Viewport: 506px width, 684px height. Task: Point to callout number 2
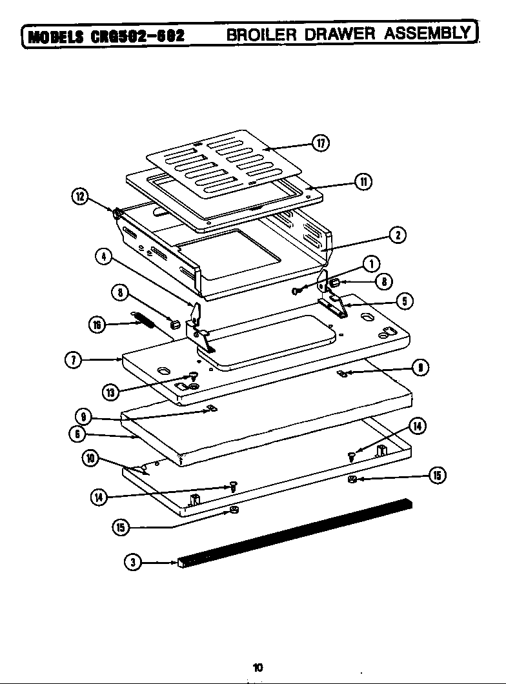400,236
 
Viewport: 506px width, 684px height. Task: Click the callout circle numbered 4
102,257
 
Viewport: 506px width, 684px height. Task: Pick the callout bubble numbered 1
370,263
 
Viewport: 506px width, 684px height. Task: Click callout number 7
74,359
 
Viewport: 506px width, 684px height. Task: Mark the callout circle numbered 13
111,391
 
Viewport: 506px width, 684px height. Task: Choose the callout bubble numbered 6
76,434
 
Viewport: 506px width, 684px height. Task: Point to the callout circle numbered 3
132,563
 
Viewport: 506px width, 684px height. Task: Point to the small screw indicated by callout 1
296,290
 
